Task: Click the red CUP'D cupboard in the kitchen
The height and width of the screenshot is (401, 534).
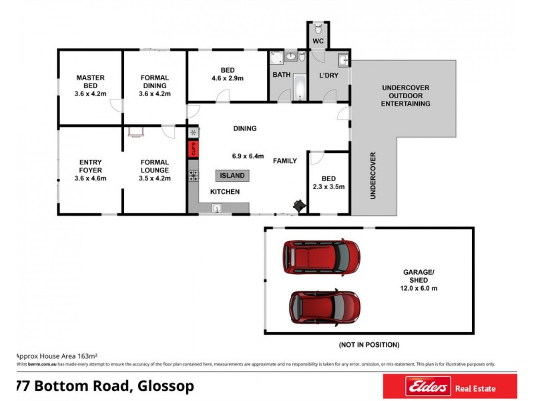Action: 194,148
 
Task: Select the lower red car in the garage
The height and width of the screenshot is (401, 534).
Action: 325,307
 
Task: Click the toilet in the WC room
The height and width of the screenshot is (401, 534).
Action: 319,31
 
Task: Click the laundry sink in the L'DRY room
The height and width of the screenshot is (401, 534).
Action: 343,60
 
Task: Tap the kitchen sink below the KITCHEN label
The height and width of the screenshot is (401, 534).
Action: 217,208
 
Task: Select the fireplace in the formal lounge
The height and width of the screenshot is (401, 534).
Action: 136,132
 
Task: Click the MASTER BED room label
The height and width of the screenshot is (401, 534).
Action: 90,86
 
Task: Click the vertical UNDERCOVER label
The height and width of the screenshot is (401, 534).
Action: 373,176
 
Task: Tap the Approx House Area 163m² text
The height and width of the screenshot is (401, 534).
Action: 57,356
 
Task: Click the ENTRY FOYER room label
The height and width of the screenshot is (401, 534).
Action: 90,170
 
